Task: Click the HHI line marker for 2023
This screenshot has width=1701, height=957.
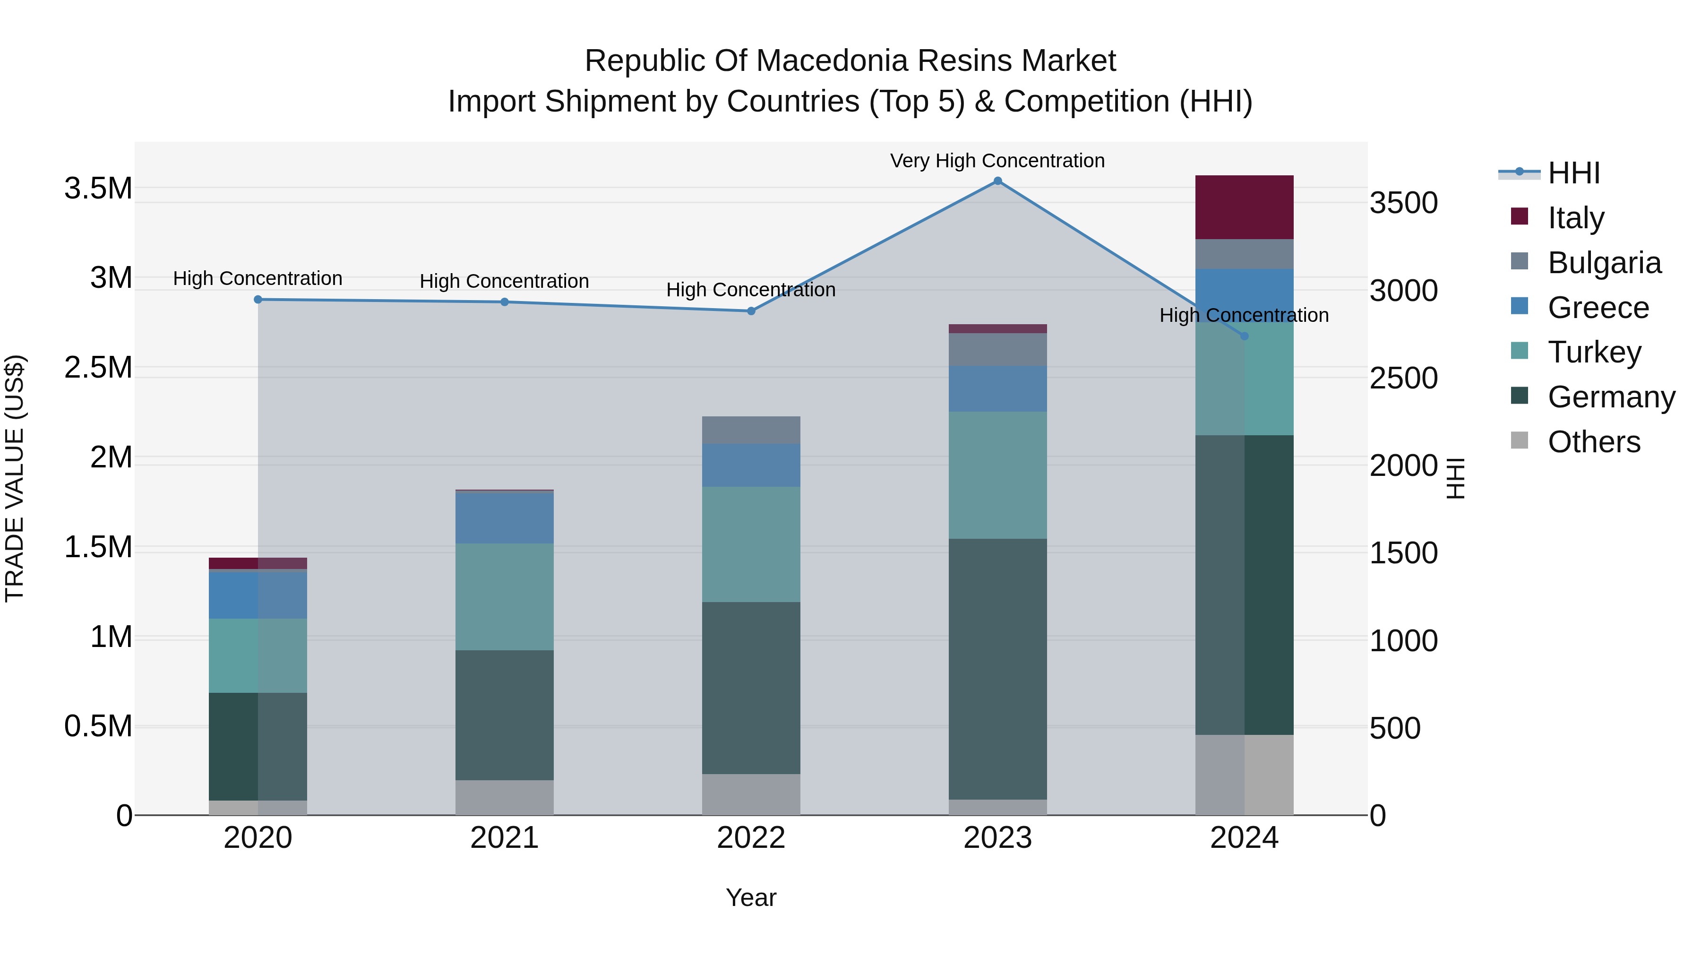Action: click(x=998, y=181)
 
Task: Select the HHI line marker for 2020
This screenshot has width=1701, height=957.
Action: click(x=258, y=299)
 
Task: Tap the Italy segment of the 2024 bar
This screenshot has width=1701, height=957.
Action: click(x=1244, y=207)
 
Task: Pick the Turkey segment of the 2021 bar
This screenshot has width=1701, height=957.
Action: click(x=505, y=596)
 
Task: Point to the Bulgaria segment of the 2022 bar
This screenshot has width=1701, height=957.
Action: click(x=751, y=430)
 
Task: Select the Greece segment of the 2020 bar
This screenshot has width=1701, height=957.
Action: click(x=258, y=595)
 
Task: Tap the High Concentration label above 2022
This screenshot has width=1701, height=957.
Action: click(x=751, y=290)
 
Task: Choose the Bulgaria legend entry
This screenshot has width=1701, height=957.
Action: click(x=1604, y=263)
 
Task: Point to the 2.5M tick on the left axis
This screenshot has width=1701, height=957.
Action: click(x=98, y=368)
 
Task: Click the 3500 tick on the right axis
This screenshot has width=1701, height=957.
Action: click(x=1403, y=203)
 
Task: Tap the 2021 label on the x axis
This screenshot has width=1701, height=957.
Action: click(x=505, y=838)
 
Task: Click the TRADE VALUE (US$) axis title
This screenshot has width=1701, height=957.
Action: click(x=15, y=478)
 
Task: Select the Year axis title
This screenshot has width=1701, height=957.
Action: click(x=751, y=897)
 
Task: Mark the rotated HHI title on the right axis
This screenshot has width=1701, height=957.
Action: click(x=1455, y=478)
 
